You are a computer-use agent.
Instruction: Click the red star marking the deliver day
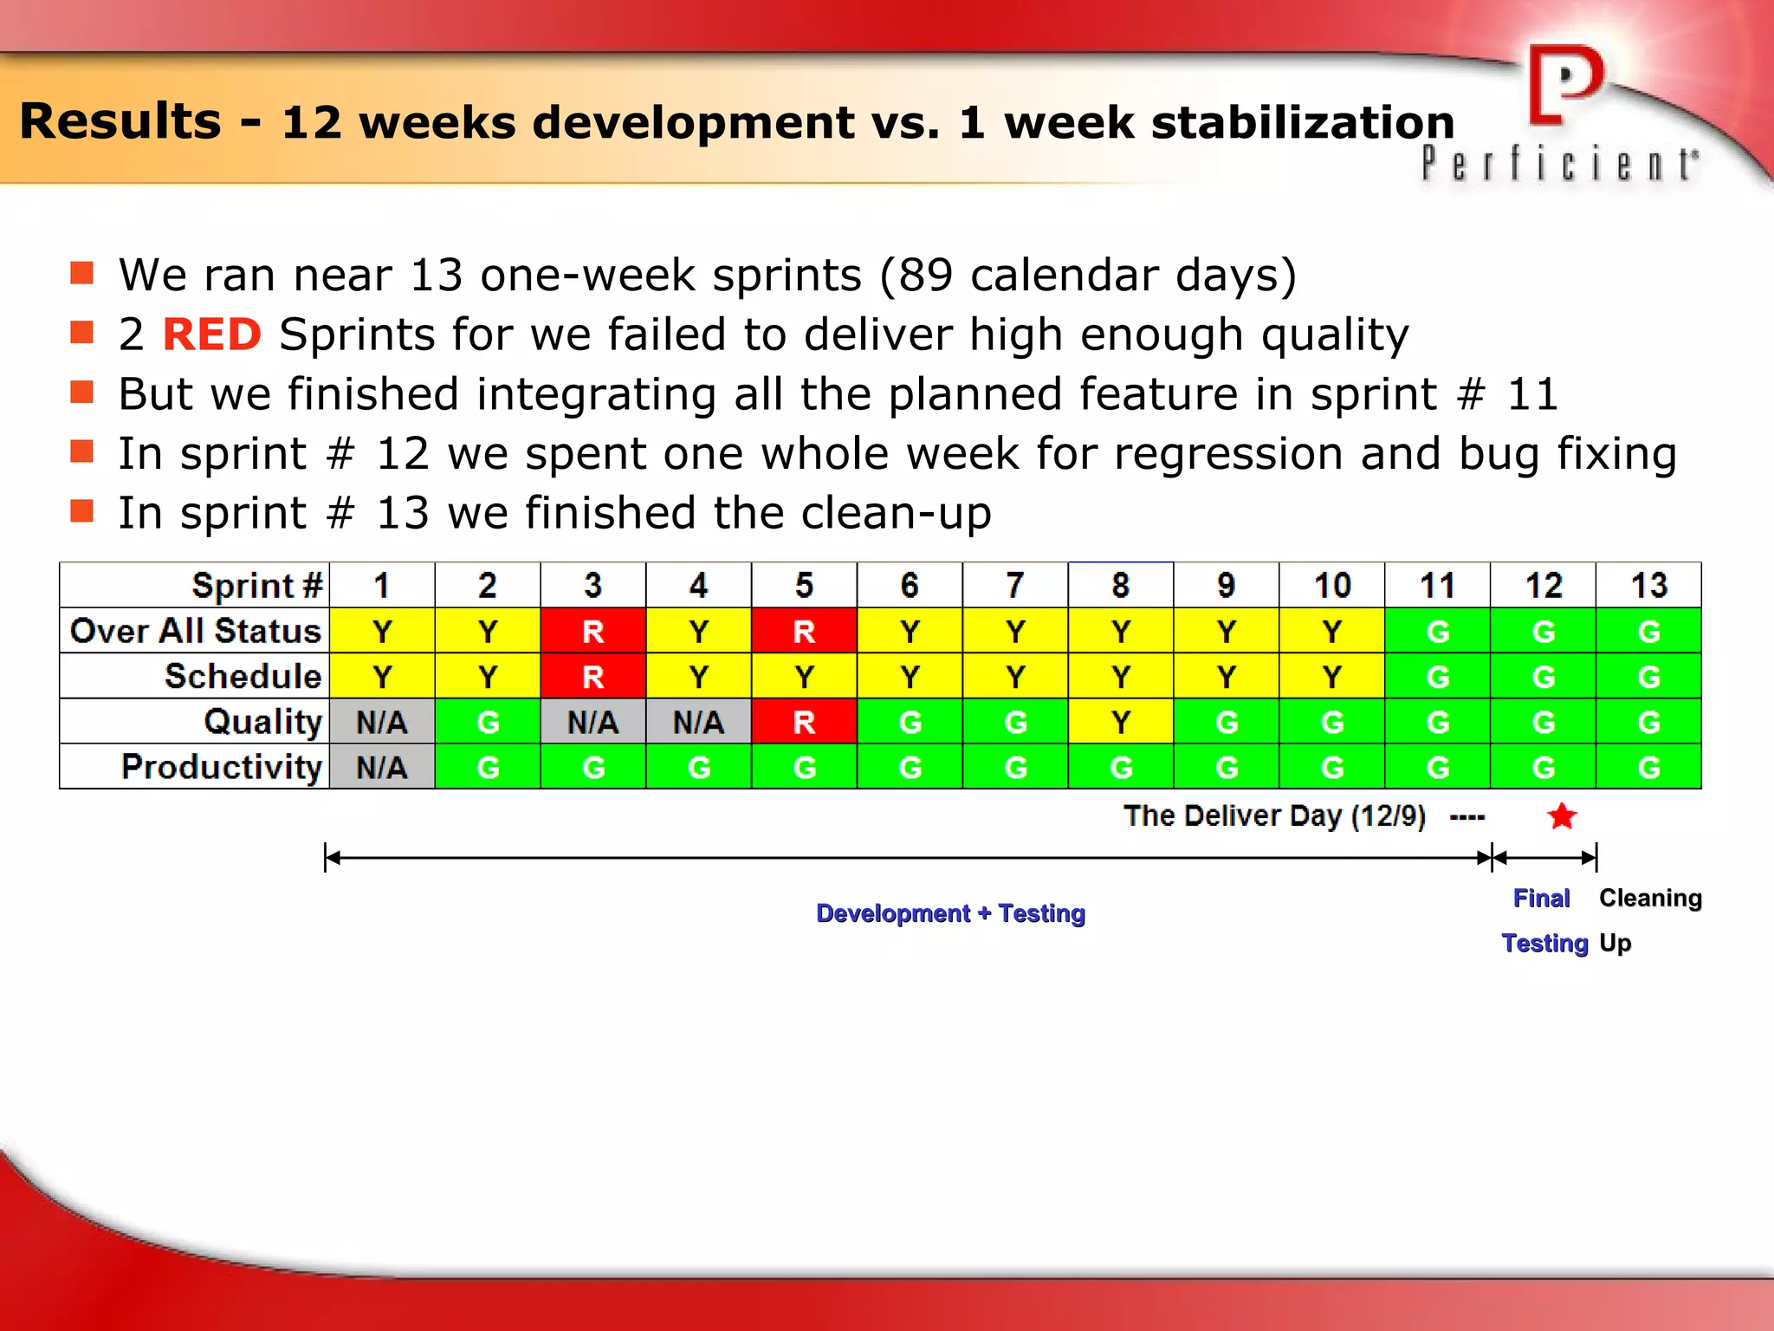[x=1562, y=815]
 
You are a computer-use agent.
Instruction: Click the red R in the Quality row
[x=804, y=722]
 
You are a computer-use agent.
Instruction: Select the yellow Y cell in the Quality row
[x=1121, y=722]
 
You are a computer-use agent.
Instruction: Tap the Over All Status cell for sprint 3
[x=593, y=631]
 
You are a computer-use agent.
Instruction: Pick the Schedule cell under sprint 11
[x=1438, y=676]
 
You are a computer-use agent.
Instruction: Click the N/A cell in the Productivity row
[x=382, y=767]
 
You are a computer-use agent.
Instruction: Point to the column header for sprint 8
[x=1121, y=586]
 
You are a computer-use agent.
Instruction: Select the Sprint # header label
[x=256, y=586]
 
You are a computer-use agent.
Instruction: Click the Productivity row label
[x=222, y=767]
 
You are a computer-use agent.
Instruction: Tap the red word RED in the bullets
[x=212, y=334]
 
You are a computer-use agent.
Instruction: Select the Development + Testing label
[x=950, y=913]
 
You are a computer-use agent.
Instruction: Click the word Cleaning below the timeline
[x=1650, y=898]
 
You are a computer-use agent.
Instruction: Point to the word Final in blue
[x=1541, y=898]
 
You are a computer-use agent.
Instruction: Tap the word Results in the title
[x=120, y=120]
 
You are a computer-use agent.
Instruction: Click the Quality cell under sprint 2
[x=488, y=722]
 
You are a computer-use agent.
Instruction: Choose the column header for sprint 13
[x=1648, y=586]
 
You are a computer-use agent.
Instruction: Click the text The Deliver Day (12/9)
[x=1274, y=815]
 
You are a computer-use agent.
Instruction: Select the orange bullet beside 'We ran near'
[x=81, y=274]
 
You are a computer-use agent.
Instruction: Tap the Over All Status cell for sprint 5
[x=804, y=631]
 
